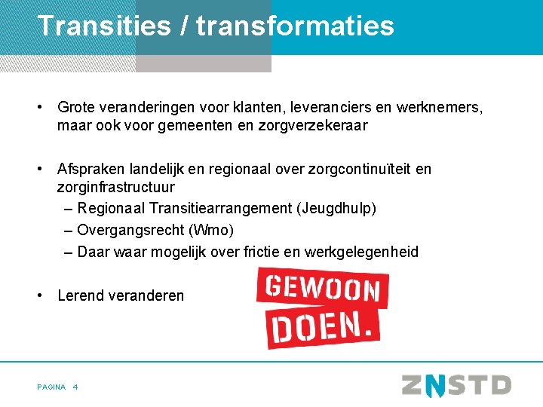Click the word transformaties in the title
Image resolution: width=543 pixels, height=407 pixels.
tap(295, 26)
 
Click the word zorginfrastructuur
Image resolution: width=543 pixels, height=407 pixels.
tap(115, 187)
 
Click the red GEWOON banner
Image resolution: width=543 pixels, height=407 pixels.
tap(322, 288)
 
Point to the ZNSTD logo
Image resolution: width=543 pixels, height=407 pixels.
tap(456, 385)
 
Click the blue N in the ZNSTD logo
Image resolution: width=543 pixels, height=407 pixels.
tap(435, 385)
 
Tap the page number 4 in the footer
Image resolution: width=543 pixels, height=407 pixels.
tap(76, 387)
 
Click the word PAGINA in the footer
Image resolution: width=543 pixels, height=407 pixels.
tap(51, 387)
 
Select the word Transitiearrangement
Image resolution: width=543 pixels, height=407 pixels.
tap(213, 208)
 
